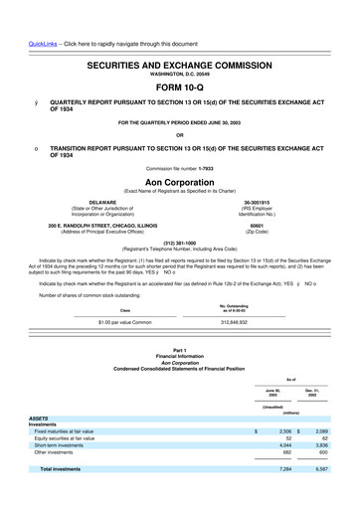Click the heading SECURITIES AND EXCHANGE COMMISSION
(x=179, y=63)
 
